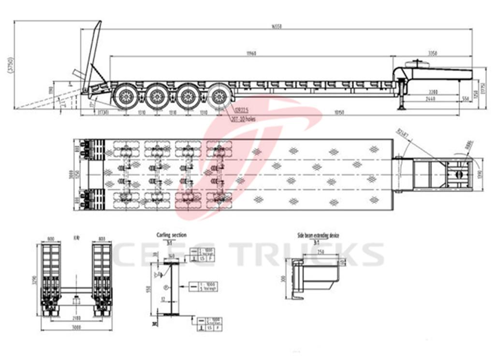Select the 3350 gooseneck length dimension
[433, 53]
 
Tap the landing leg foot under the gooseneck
[401, 108]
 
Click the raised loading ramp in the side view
[92, 56]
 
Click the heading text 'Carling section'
[171, 235]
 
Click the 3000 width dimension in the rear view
[76, 327]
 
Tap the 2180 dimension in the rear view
[76, 318]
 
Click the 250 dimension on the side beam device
[320, 253]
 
